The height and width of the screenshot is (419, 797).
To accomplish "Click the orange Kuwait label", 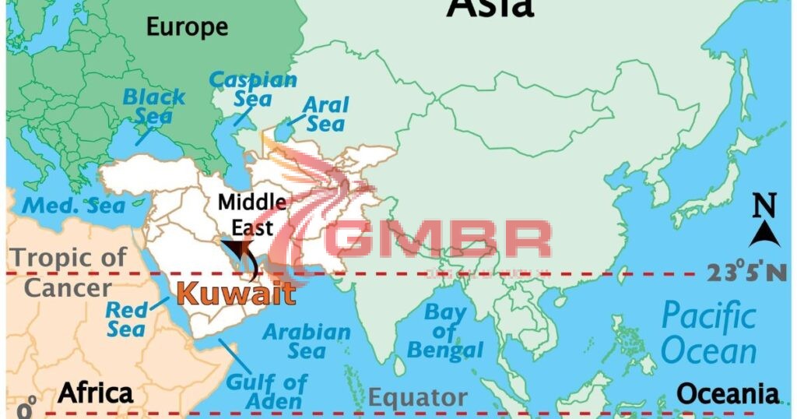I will click(x=236, y=294).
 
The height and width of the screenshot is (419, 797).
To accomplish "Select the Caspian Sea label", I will click(x=253, y=89).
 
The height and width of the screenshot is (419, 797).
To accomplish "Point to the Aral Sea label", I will click(x=325, y=114).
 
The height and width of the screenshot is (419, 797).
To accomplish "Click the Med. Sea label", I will click(x=73, y=206).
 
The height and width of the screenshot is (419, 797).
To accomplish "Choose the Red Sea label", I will click(x=127, y=319).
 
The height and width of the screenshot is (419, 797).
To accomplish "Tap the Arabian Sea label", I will click(x=306, y=341).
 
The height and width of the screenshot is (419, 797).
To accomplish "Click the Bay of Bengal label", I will click(x=444, y=332).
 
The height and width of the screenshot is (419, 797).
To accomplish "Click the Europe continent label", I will click(x=188, y=27).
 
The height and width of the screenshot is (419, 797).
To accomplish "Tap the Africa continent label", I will click(x=96, y=393).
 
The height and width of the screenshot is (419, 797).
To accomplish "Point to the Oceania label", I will click(x=728, y=393).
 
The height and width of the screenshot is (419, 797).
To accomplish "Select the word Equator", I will click(x=417, y=397).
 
